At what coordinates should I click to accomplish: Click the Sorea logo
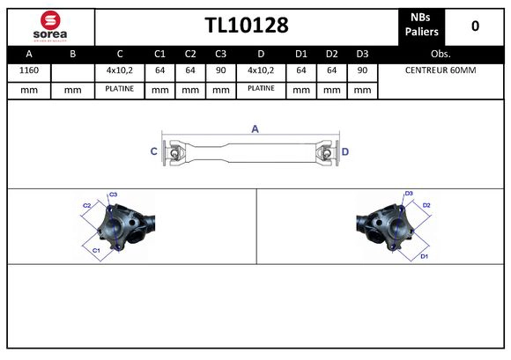49,26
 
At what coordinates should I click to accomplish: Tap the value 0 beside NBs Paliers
475,26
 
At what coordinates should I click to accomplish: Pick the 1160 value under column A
28,70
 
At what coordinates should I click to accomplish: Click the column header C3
221,53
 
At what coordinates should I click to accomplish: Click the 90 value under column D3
361,70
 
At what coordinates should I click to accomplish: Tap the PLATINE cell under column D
261,89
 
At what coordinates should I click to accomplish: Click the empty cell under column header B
72,70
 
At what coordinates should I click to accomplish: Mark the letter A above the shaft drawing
255,129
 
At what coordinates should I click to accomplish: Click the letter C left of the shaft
154,152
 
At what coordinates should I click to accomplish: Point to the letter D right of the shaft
345,152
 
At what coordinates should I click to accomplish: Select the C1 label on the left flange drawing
96,250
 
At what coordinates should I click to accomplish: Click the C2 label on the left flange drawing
86,205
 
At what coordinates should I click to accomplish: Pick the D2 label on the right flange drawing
426,205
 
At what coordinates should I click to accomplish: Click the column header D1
300,53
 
